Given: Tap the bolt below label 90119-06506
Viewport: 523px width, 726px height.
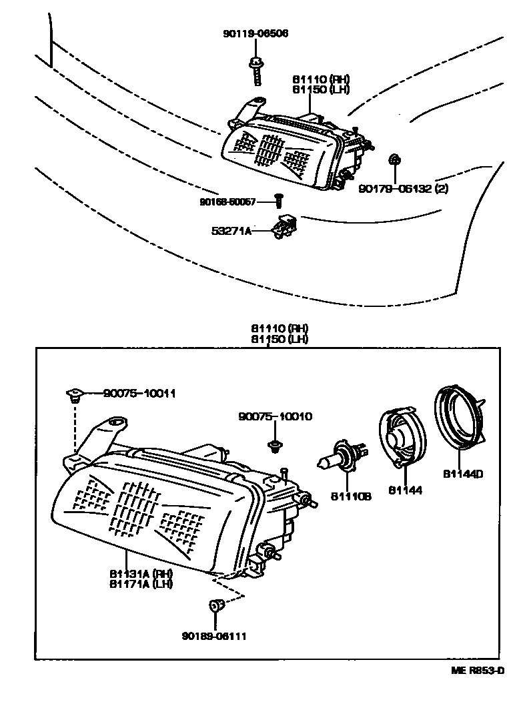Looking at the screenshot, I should point(255,70).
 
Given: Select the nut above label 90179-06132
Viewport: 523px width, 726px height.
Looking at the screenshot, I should point(394,159).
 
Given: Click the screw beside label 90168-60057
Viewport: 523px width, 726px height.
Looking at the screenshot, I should point(280,200).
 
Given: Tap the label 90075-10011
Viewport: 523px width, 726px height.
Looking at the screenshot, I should point(139,394).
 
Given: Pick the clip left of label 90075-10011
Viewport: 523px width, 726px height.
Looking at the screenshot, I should point(74,396).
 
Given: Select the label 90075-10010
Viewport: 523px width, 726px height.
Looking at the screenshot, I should point(274,416).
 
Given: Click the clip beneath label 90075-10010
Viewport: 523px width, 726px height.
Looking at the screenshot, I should point(274,444).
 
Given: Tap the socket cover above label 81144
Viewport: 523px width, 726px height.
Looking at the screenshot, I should point(401,437).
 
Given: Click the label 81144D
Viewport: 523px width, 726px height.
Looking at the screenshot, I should point(462,474).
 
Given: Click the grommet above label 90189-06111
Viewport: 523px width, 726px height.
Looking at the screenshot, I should point(215,607).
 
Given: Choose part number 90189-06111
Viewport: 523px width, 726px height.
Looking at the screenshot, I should point(213,636).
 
